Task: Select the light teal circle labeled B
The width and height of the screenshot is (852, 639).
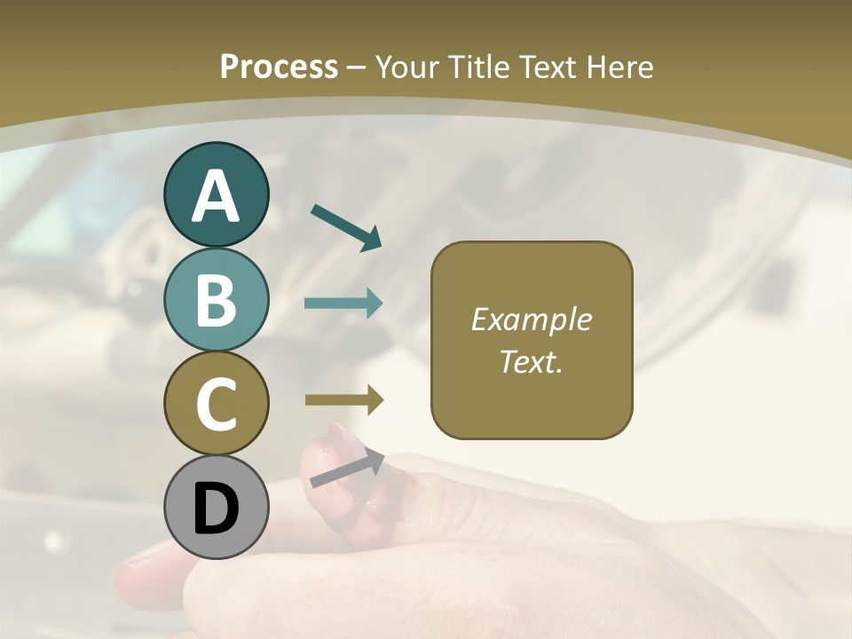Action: point(217,300)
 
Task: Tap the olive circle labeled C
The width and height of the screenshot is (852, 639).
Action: point(217,403)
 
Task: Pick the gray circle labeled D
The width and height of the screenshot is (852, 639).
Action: point(217,508)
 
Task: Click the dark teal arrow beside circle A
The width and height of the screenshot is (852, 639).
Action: point(346,226)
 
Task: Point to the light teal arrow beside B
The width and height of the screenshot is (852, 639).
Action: point(343,304)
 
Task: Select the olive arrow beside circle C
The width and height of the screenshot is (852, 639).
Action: point(344,400)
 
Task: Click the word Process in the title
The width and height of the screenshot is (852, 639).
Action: point(279,67)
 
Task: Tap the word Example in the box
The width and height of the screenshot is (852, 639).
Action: point(531,319)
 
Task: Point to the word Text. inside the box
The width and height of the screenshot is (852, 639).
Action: point(531,361)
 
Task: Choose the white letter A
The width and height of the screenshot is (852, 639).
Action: point(217,196)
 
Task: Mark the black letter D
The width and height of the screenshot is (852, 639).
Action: point(217,509)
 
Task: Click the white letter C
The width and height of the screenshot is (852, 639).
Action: point(217,405)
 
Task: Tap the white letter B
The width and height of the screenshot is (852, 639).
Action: point(217,301)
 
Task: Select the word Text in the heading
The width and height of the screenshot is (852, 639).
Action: point(548,67)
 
